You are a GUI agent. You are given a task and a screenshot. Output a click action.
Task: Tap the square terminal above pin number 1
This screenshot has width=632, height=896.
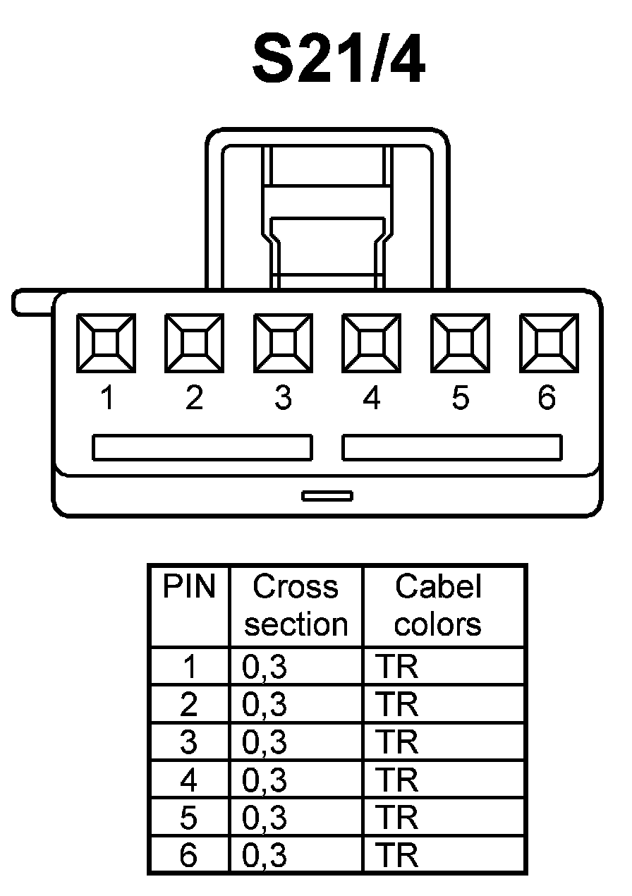click(x=106, y=344)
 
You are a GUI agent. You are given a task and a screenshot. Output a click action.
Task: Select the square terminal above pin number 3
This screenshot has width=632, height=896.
click(x=283, y=344)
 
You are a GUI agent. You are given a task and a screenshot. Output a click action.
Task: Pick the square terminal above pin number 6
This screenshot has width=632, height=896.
click(x=549, y=344)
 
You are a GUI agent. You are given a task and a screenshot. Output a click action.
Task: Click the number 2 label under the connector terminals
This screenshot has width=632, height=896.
click(x=194, y=399)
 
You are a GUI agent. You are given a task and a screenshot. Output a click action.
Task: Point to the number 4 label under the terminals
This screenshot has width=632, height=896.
click(x=372, y=399)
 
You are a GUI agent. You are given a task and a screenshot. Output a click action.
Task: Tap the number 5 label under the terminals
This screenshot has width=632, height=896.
click(x=460, y=399)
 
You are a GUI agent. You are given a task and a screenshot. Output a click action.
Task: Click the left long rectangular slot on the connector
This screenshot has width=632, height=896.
click(x=202, y=448)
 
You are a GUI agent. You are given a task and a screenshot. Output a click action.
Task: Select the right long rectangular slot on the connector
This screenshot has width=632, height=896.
click(x=452, y=448)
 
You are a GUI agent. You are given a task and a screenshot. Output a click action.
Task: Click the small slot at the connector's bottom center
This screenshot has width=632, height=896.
click(x=327, y=496)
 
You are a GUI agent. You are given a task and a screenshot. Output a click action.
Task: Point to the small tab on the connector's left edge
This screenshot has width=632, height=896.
click(x=32, y=302)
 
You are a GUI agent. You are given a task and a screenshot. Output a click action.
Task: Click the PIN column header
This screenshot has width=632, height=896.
click(x=189, y=587)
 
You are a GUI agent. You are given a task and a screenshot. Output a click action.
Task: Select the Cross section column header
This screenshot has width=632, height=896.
click(x=296, y=605)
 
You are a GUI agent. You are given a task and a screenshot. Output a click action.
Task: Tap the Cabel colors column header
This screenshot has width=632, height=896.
click(x=438, y=605)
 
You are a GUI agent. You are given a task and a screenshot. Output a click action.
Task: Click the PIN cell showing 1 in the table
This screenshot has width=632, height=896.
click(x=189, y=667)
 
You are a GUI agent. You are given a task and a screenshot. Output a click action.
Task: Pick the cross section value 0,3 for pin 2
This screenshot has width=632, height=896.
click(x=265, y=705)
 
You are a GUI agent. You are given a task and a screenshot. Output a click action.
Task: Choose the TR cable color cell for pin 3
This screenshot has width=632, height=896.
click(x=397, y=743)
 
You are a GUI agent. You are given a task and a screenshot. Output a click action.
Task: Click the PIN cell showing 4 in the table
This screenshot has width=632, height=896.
click(x=189, y=781)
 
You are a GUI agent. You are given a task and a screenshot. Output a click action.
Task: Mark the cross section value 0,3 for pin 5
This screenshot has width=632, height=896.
click(x=265, y=818)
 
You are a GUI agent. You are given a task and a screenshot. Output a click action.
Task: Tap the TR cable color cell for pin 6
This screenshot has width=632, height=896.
click(x=397, y=856)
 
